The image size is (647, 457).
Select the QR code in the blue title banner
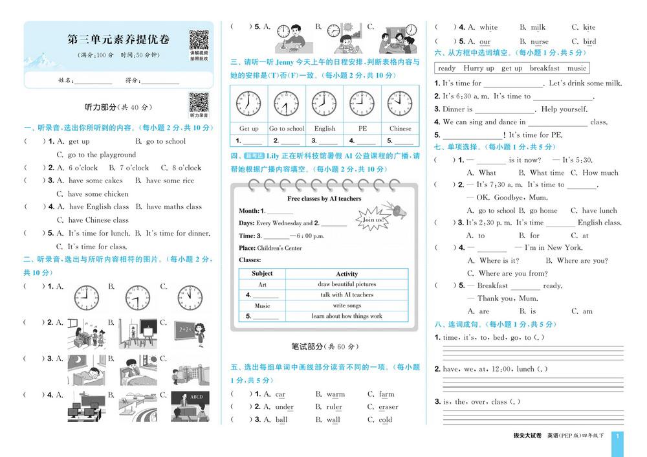[201, 41]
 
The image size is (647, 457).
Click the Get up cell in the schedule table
[248, 128]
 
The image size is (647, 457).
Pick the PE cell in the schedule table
[362, 128]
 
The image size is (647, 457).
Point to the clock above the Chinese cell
[400, 104]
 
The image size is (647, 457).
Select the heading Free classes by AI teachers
[324, 199]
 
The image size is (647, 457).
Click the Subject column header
[262, 273]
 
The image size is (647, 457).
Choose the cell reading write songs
[347, 306]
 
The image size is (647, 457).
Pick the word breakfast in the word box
[545, 68]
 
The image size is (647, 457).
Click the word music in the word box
[576, 68]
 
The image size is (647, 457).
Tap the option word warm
[336, 394]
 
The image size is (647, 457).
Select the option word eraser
[388, 407]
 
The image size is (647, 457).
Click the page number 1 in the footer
[617, 436]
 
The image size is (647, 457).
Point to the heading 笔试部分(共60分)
[325, 346]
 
